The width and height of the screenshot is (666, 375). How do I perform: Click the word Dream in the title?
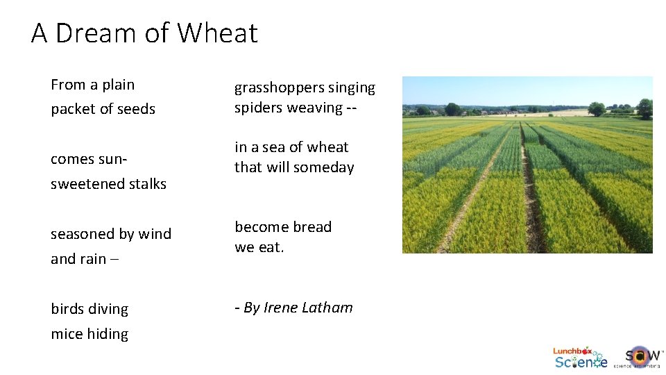pyautogui.click(x=96, y=33)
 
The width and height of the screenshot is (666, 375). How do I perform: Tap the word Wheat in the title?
pyautogui.click(x=217, y=33)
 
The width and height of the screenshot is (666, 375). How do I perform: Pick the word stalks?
pyautogui.click(x=146, y=184)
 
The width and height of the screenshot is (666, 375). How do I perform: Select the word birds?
pyautogui.click(x=68, y=309)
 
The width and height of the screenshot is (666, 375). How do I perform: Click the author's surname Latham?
pyautogui.click(x=327, y=308)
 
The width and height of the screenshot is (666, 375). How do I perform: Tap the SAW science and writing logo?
pyautogui.click(x=642, y=357)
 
